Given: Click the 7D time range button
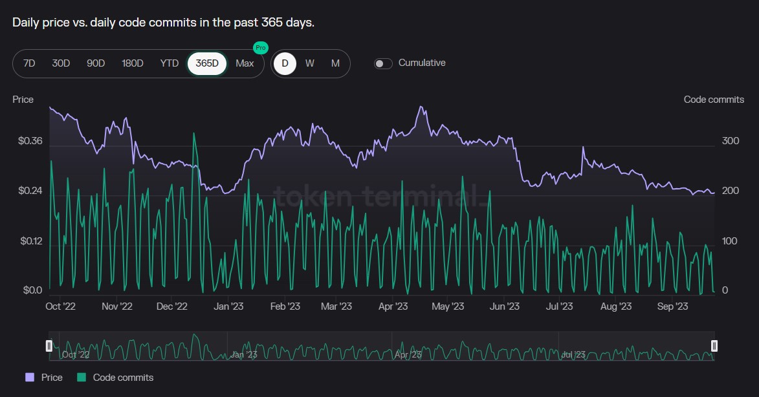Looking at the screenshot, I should coord(29,63).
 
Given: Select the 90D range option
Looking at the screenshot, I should coord(96,63).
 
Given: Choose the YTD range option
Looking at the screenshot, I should coord(170,63).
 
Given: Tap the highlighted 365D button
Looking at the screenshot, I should coord(207,63).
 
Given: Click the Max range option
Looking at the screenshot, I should coord(245,63).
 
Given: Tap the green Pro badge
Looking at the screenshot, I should coord(260,48).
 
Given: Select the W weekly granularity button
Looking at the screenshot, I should coord(310,63).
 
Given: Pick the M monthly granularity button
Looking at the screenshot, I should coord(335,63).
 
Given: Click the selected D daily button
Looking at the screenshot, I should coord(285,63).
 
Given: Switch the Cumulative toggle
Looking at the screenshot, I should coord(383,63).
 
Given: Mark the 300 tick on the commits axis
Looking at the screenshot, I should coord(730,141).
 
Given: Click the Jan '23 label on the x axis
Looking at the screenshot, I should coord(228,306).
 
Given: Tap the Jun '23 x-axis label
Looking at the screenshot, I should coord(505,306).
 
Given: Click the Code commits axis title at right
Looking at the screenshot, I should coord(714,100).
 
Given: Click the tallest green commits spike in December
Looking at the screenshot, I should coord(193,134).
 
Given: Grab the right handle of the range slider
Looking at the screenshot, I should coord(714,346).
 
